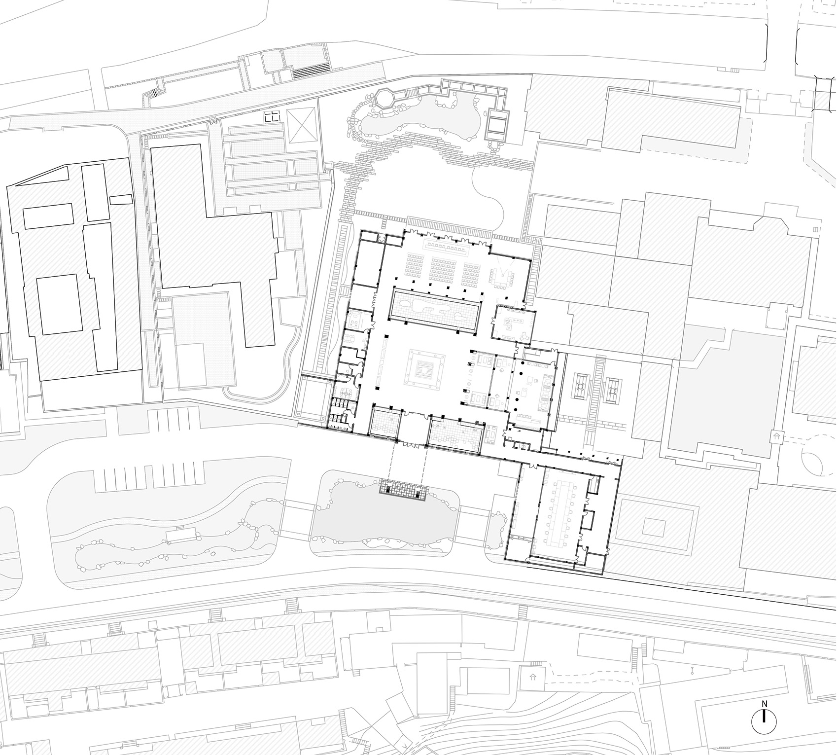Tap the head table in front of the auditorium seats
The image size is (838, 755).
(449, 245)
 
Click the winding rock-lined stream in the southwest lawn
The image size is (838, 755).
(168, 540)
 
